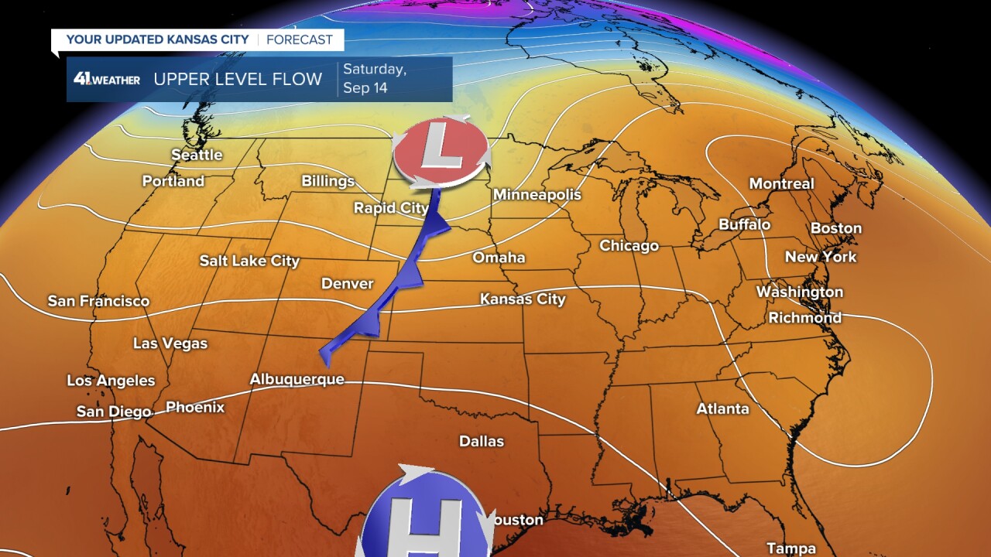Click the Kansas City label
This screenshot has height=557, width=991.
(x=523, y=299)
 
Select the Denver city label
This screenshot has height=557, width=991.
(x=348, y=284)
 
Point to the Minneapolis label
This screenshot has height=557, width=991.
(x=537, y=194)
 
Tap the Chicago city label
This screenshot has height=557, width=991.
(x=629, y=245)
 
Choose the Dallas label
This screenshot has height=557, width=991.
(x=482, y=441)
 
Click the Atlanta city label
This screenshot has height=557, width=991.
(x=722, y=408)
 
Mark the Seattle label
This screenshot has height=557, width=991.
(x=197, y=155)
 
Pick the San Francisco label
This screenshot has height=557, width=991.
(x=98, y=301)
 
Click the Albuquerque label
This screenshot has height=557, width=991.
(x=297, y=379)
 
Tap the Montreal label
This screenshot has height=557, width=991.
(x=781, y=183)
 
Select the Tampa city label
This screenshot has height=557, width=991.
(x=790, y=548)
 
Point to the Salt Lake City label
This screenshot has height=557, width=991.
(x=249, y=261)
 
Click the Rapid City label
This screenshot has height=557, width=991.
(x=391, y=207)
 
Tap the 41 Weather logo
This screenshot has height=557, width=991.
(x=107, y=79)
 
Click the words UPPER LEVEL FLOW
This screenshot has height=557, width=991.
(x=238, y=79)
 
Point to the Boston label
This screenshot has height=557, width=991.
(x=835, y=228)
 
